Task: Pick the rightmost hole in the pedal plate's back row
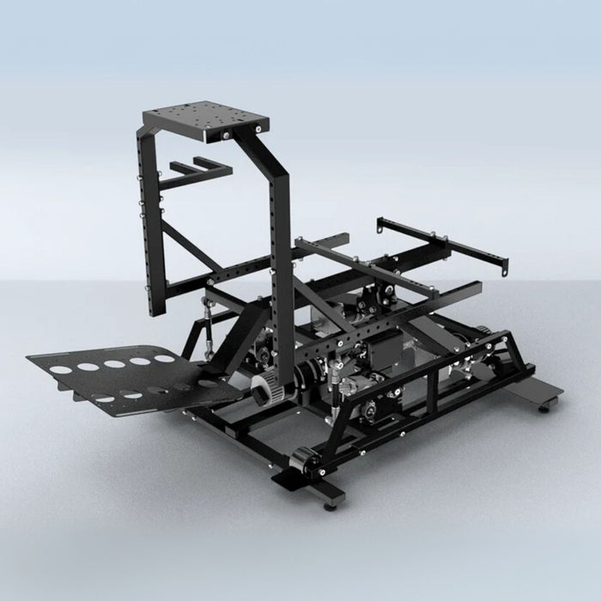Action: pyautogui.click(x=162, y=357)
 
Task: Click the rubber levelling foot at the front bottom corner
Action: pyautogui.click(x=331, y=506)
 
